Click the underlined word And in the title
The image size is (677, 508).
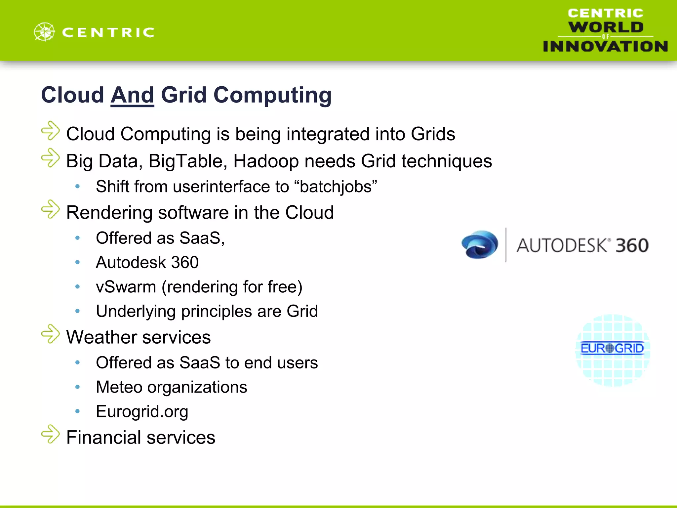[x=132, y=95]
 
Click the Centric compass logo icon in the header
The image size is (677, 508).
[x=44, y=32]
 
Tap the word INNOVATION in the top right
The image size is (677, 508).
[x=605, y=46]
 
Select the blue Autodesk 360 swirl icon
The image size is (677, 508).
[x=480, y=244]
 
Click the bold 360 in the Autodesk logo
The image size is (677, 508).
[x=632, y=245]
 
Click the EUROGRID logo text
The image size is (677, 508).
[x=612, y=348]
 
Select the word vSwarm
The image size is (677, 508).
[x=126, y=287]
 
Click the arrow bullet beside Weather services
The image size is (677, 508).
[x=51, y=334]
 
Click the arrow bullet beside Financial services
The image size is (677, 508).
[x=51, y=434]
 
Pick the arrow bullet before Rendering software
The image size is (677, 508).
[x=51, y=209]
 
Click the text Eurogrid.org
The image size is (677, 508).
[x=142, y=412]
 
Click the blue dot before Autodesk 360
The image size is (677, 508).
[x=78, y=263]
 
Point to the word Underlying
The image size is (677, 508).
[x=136, y=312]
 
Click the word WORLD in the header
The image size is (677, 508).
[x=606, y=27]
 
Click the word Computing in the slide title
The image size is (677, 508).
[x=272, y=95]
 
